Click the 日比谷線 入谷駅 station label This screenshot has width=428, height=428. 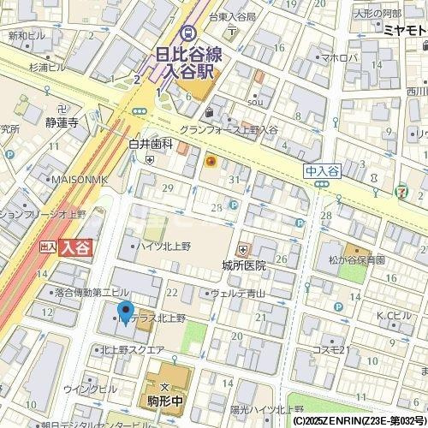tap(188, 62)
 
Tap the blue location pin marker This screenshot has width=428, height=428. tap(125, 314)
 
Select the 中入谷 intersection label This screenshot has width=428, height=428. tap(322, 171)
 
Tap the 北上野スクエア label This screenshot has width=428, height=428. tap(132, 349)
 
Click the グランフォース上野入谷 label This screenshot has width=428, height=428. tap(228, 129)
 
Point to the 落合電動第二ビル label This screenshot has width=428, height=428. tap(92, 293)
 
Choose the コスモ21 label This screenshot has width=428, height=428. tap(328, 349)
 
